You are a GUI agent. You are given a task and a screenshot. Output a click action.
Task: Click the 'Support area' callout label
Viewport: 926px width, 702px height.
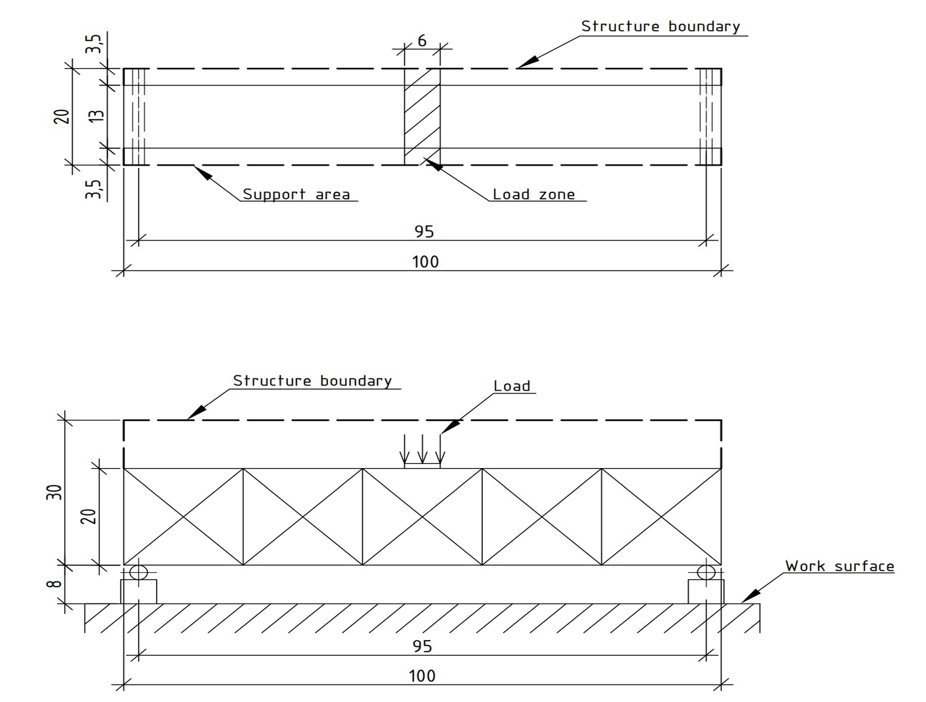[296, 194]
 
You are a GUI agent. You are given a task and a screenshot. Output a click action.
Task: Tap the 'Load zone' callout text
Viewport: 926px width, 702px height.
[533, 194]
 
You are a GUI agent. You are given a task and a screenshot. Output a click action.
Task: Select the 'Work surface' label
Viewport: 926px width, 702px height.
[839, 566]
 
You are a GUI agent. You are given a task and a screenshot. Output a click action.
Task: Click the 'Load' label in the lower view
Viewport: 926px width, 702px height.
[512, 386]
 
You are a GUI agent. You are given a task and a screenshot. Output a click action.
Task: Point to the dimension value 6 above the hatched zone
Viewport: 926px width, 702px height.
[422, 41]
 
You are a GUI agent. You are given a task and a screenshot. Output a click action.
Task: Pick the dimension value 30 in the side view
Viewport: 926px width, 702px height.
[54, 492]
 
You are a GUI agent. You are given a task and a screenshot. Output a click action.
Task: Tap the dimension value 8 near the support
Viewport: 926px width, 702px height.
[54, 584]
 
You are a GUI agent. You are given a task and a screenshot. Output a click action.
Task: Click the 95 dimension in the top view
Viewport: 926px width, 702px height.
[424, 232]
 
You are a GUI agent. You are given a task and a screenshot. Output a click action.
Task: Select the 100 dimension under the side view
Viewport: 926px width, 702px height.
[422, 676]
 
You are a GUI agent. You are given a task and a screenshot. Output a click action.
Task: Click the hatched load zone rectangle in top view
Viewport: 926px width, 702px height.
[422, 117]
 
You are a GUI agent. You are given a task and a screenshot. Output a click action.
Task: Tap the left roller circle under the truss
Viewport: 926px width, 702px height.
[139, 572]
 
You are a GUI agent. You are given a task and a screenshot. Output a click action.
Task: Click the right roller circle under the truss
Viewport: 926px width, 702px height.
[706, 572]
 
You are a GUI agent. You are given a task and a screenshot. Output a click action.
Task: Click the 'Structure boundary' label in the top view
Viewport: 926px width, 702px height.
[660, 26]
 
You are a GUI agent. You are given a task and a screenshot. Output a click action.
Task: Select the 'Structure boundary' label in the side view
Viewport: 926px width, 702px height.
[312, 381]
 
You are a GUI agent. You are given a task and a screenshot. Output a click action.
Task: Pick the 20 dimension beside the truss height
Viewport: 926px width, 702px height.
[88, 515]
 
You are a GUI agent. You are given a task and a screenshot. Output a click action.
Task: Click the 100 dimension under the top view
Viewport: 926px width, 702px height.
[425, 261]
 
